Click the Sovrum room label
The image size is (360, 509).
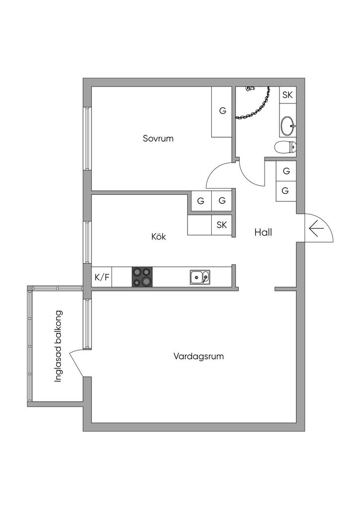click(x=158, y=138)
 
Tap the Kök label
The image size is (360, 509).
click(x=159, y=237)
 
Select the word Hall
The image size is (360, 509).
click(x=263, y=232)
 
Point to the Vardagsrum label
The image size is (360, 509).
click(x=198, y=356)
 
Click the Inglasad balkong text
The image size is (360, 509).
click(x=59, y=346)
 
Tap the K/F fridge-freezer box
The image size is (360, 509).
click(x=101, y=277)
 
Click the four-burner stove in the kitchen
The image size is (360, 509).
click(x=142, y=277)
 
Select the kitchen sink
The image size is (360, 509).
click(x=199, y=277)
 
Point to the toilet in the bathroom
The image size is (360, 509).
click(x=285, y=147)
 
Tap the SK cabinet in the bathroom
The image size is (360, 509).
click(x=287, y=95)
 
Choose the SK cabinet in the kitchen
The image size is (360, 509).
click(x=222, y=225)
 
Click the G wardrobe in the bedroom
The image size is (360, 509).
click(x=222, y=111)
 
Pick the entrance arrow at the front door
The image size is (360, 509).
click(x=316, y=229)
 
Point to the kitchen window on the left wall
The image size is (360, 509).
click(x=87, y=242)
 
